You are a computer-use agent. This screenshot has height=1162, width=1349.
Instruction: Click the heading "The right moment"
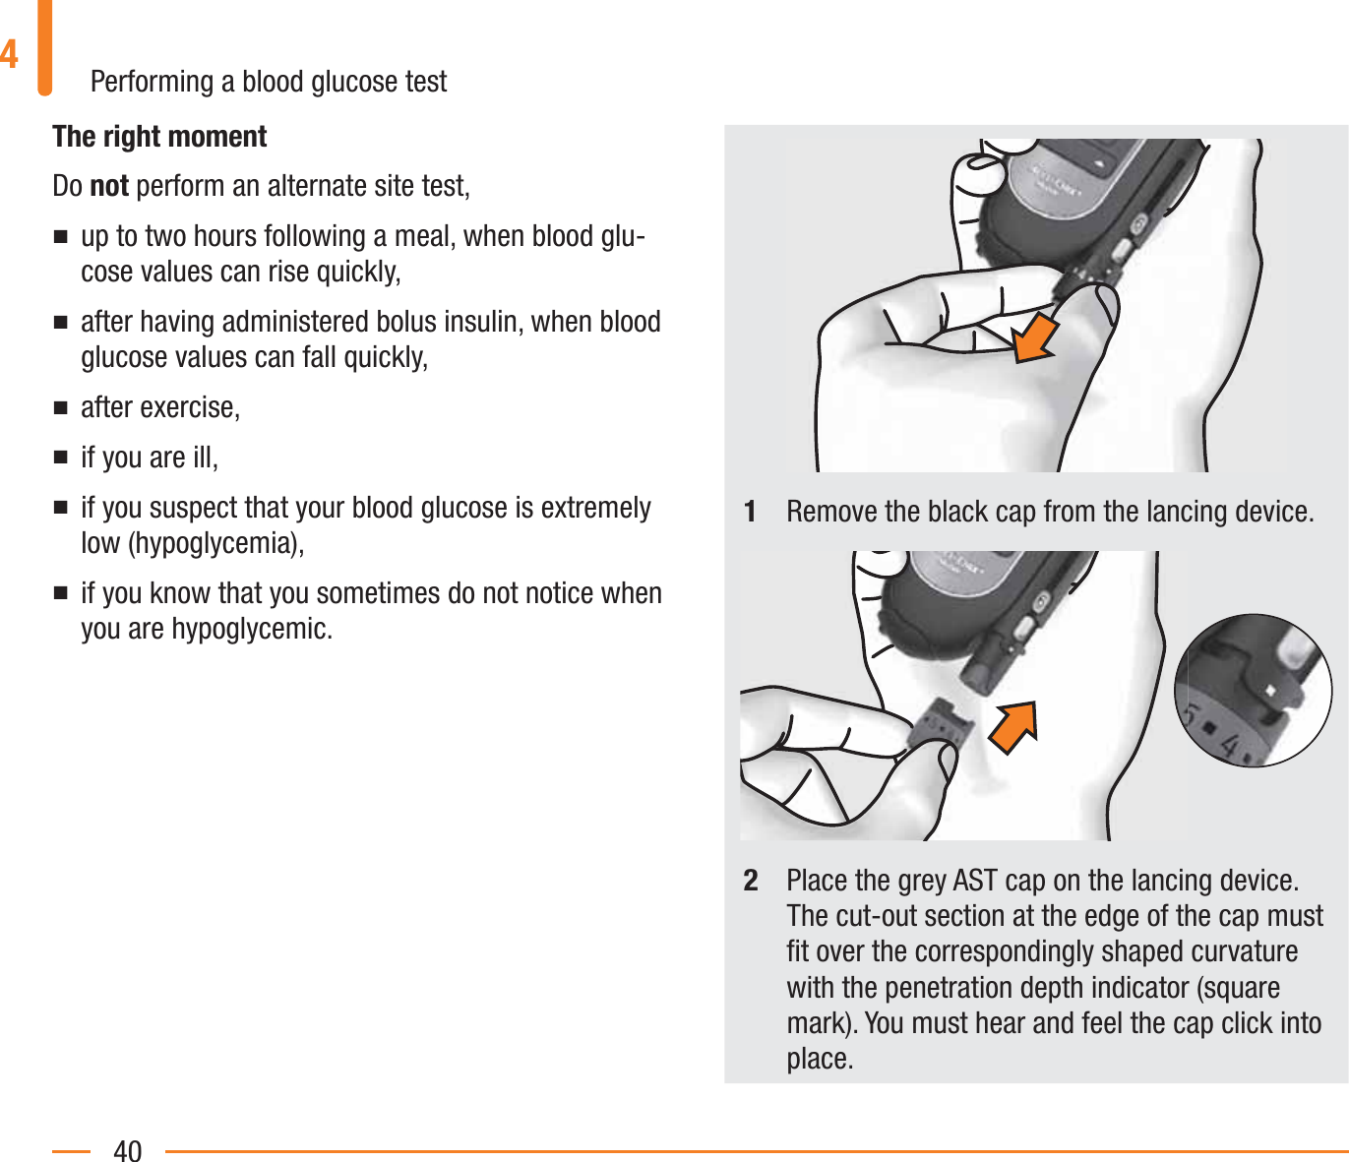(159, 137)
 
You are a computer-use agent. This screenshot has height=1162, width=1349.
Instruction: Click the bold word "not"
(109, 186)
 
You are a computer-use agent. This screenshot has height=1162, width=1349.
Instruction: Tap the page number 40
(128, 1150)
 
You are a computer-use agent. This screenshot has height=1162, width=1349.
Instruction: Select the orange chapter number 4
(10, 53)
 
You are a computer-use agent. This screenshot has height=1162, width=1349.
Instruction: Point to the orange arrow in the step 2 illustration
(1014, 727)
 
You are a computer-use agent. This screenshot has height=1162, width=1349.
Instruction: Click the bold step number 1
(751, 512)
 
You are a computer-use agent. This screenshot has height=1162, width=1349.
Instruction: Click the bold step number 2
(751, 880)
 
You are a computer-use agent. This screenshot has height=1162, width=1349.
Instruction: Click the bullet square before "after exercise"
(61, 408)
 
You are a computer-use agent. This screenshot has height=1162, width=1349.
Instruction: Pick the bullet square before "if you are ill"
(61, 459)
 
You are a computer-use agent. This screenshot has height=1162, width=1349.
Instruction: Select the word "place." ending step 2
(820, 1059)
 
